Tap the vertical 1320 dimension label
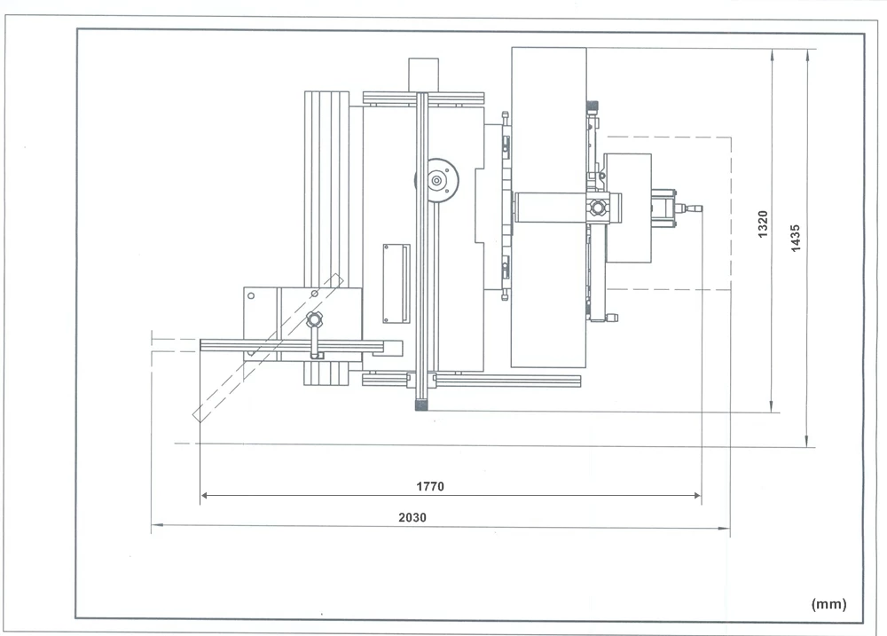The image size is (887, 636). click(763, 225)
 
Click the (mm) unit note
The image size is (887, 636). click(828, 603)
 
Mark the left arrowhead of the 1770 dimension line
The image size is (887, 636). click(205, 496)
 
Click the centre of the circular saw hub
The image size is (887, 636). click(437, 181)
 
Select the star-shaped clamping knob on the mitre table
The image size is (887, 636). click(313, 319)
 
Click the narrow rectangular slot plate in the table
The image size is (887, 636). click(396, 283)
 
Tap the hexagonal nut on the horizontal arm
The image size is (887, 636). click(599, 208)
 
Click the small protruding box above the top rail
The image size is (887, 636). click(423, 74)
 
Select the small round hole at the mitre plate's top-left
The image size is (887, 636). click(251, 295)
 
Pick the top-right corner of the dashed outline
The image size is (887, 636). click(730, 137)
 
